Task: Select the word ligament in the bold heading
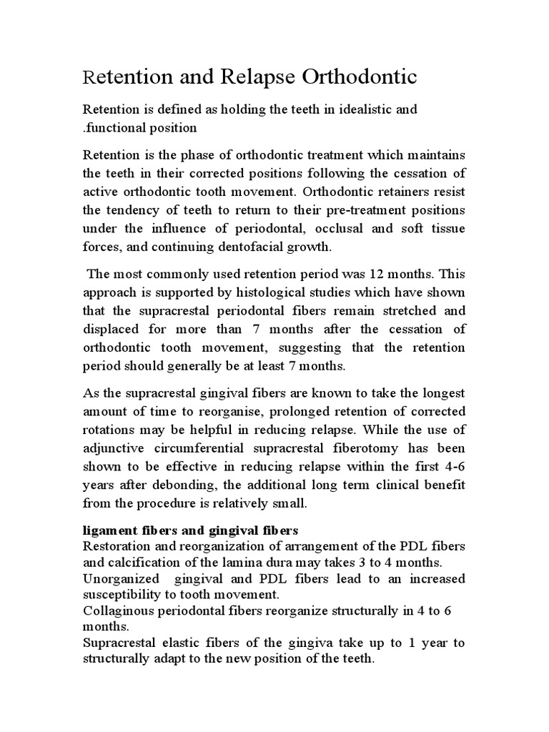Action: pyautogui.click(x=109, y=531)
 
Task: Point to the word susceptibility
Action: pyautogui.click(x=122, y=594)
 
